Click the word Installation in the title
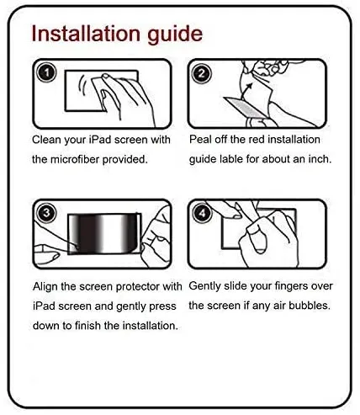tap(86, 34)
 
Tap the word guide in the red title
tap(175, 35)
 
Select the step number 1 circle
tap(46, 72)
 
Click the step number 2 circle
tap(201, 73)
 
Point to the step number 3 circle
tap(46, 213)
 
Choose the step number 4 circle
tap(203, 213)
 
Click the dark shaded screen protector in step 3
tap(104, 233)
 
